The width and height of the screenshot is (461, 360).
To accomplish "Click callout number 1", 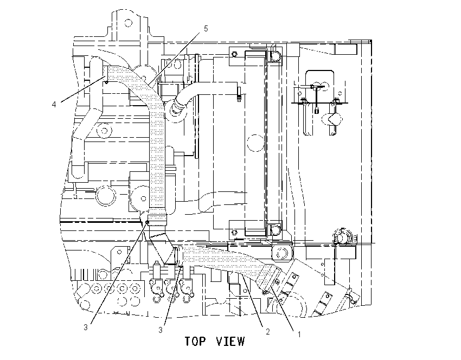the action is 299,335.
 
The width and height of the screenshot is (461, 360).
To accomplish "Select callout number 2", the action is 268,332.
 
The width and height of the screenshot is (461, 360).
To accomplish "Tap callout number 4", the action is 54,104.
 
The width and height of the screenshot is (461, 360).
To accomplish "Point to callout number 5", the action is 206,29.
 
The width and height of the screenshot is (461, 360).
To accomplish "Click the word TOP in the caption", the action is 195,341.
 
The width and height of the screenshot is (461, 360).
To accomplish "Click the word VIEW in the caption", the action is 230,341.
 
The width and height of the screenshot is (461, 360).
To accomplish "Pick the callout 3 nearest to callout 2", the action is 161,330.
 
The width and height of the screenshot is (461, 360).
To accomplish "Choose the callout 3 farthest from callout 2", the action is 86,327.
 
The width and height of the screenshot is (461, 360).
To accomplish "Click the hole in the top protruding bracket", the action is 129,23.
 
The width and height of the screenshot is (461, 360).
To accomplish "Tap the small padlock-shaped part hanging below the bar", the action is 317,111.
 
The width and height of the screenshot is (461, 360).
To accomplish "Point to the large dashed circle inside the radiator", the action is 255,143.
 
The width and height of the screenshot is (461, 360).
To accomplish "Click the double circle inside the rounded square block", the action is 281,253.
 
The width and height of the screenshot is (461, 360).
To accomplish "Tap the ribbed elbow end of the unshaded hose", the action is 177,107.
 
